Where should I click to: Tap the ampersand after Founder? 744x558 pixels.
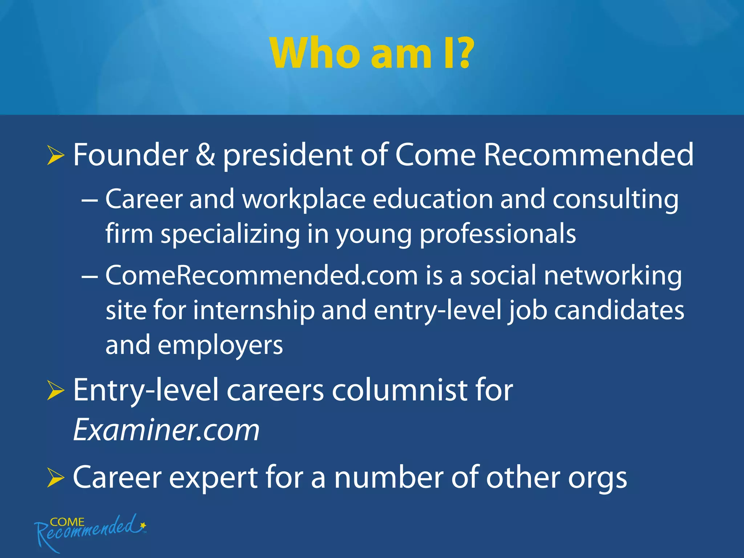205,155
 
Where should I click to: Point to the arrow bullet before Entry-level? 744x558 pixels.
55,391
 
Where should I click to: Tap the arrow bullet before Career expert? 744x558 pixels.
55,478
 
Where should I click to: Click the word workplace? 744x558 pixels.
304,200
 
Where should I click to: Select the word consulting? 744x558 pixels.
615,200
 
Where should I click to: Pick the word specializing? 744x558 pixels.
230,235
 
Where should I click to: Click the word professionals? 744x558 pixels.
498,235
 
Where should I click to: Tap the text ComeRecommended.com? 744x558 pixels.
262,275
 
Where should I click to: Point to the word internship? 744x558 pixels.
254,311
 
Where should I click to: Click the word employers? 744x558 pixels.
220,346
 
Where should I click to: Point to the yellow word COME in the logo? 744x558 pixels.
67,522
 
